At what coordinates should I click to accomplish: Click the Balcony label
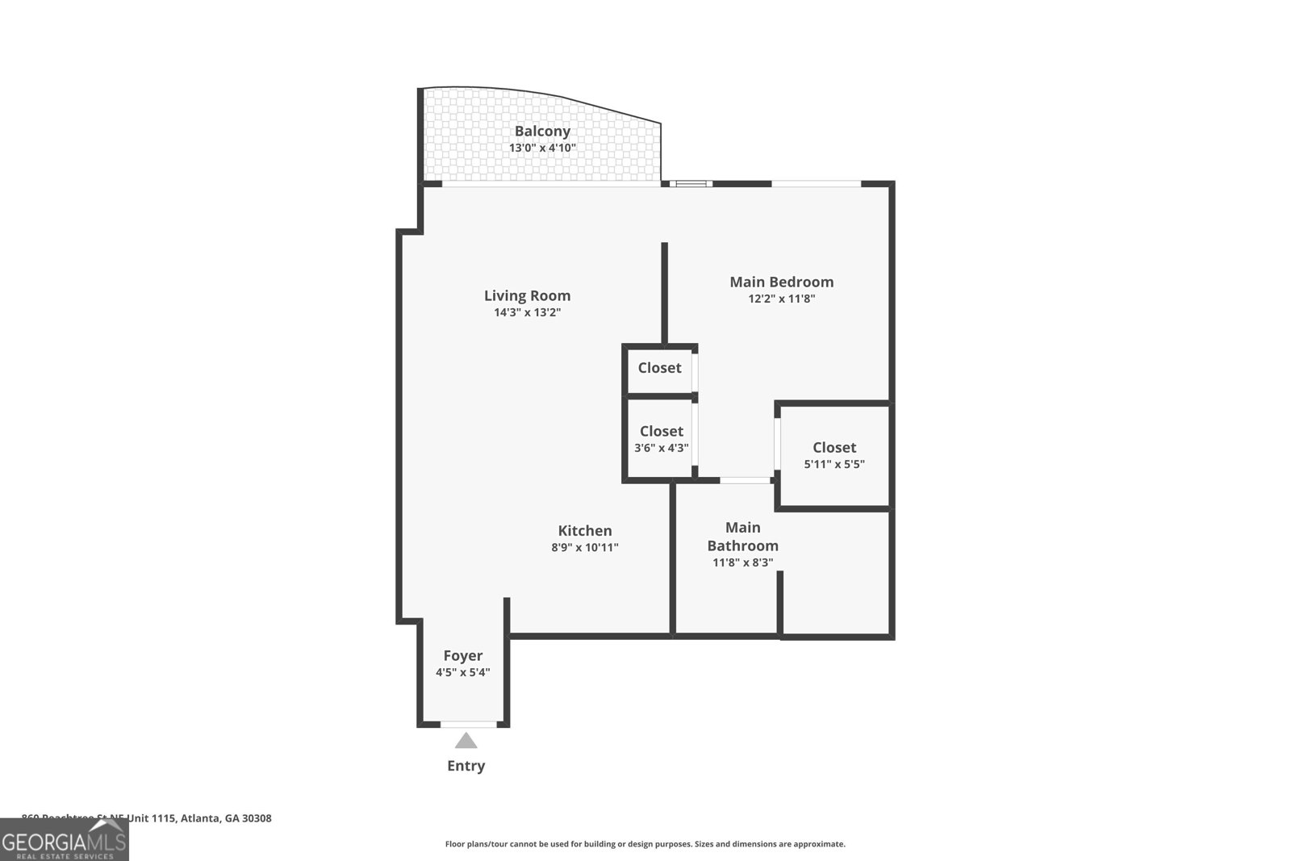(542, 131)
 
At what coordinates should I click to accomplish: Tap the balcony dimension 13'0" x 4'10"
(542, 148)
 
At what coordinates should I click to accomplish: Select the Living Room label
(527, 296)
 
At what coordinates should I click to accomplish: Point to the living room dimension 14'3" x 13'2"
(527, 313)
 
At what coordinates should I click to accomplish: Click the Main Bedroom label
(781, 282)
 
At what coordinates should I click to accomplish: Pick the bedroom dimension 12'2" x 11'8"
(781, 299)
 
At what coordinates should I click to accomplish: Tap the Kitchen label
(585, 531)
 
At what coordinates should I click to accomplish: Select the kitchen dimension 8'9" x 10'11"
(585, 548)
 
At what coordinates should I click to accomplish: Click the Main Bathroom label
(742, 537)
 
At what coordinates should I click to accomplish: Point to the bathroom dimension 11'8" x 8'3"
(742, 562)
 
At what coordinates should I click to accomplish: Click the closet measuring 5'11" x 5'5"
(834, 456)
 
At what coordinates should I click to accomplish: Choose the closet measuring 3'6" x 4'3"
(661, 439)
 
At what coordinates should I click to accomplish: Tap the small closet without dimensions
(659, 368)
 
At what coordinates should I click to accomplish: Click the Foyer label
(463, 656)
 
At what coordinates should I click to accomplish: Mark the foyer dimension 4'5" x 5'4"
(463, 673)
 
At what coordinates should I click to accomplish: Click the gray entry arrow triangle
(466, 741)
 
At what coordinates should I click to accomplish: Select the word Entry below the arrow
(466, 766)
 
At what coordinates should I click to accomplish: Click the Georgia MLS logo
(64, 840)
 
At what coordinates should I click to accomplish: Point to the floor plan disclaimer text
(645, 844)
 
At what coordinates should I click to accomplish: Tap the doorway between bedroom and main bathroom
(745, 480)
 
